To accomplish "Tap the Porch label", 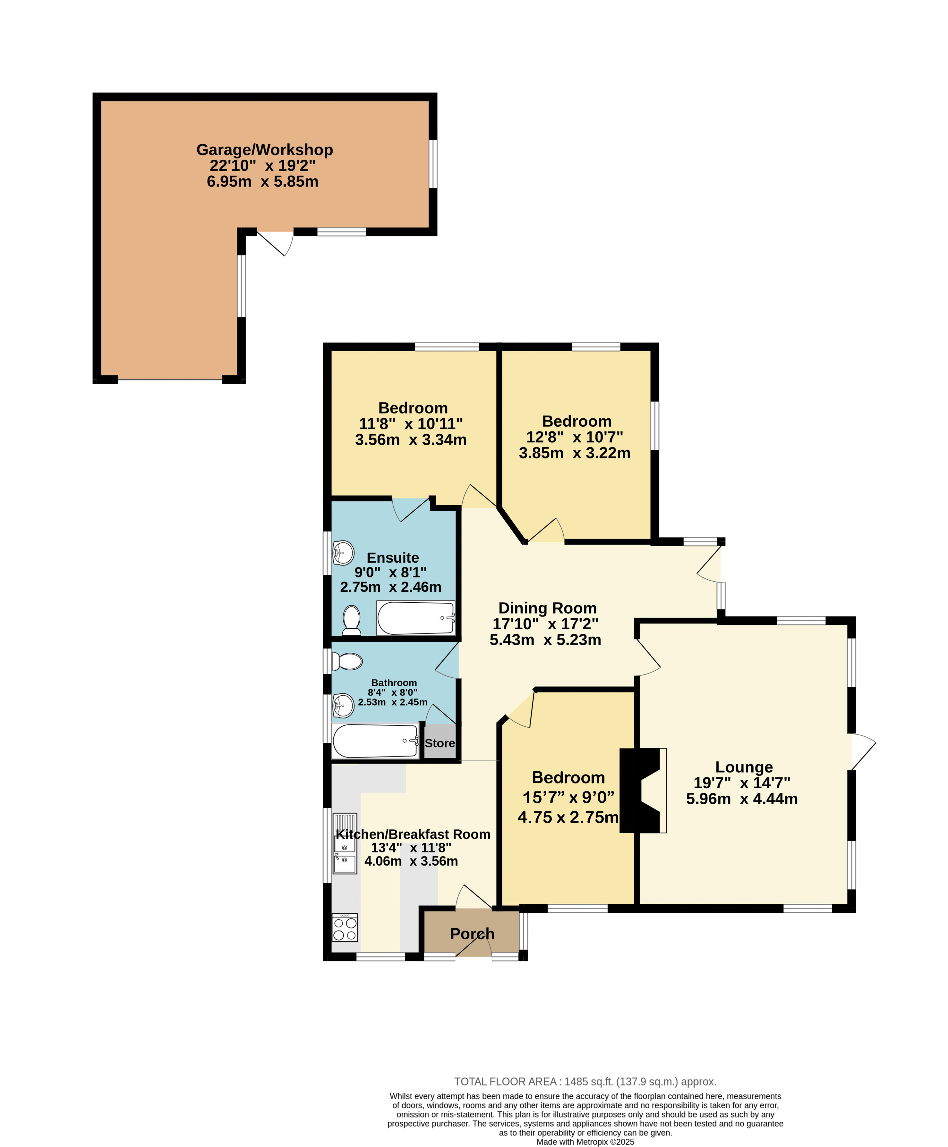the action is (x=472, y=934).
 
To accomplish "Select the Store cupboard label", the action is (x=440, y=743).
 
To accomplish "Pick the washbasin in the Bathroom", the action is (x=343, y=706).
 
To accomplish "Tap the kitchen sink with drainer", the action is (x=345, y=843).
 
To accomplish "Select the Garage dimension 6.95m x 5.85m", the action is (x=263, y=182).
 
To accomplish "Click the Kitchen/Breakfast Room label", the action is (x=413, y=834).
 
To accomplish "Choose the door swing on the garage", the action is (x=276, y=243).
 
